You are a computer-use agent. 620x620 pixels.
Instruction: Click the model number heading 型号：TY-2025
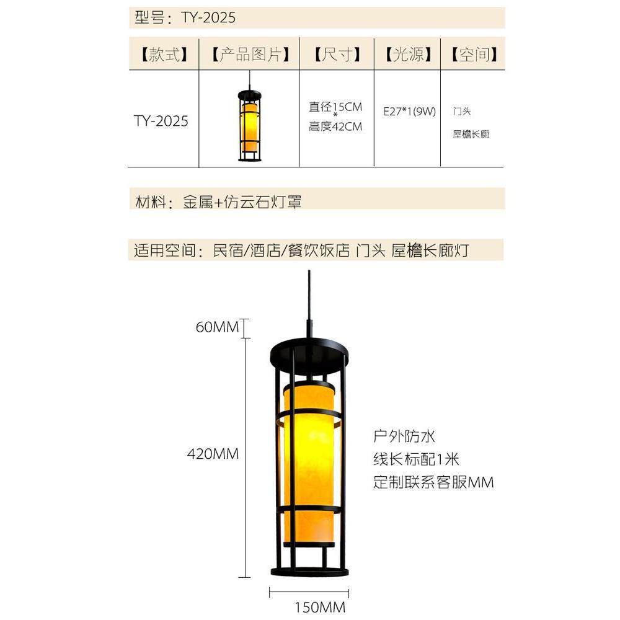[185, 17]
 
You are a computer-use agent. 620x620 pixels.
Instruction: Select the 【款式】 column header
[163, 55]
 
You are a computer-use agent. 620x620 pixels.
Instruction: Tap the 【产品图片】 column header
[249, 55]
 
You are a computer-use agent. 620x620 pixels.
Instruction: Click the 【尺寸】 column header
[337, 55]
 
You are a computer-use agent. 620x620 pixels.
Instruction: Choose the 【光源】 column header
[407, 55]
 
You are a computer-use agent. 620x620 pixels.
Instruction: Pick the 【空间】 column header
[474, 55]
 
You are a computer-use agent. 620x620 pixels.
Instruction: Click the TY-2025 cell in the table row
[161, 121]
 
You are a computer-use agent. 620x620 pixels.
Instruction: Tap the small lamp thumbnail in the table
[249, 124]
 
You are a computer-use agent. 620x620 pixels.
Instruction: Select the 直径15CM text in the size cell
[335, 107]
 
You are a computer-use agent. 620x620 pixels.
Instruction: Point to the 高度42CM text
[335, 127]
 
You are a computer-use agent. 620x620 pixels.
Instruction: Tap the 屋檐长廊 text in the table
[471, 134]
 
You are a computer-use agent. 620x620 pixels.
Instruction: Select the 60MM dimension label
[217, 327]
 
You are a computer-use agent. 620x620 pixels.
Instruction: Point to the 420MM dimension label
[213, 454]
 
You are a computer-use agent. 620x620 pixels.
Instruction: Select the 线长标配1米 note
[416, 459]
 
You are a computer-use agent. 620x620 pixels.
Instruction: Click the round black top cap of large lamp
[309, 351]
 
